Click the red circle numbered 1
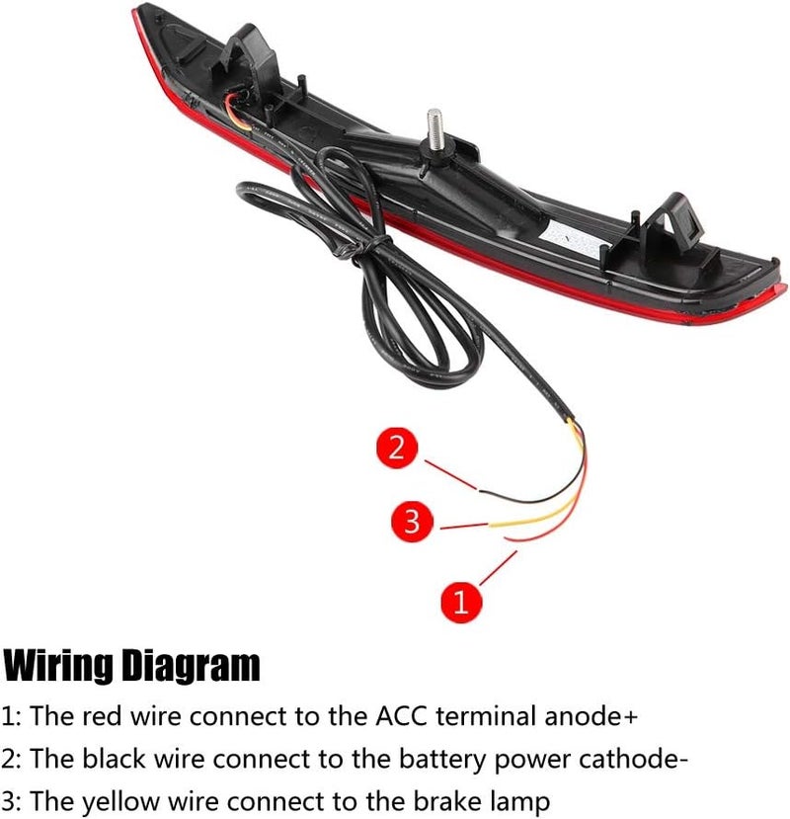[460, 602]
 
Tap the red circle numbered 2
[397, 449]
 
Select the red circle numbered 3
[412, 521]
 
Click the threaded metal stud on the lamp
[434, 129]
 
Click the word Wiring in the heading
[57, 666]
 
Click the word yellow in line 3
[120, 802]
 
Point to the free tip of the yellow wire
[490, 524]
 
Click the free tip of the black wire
[479, 489]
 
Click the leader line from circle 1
[498, 568]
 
